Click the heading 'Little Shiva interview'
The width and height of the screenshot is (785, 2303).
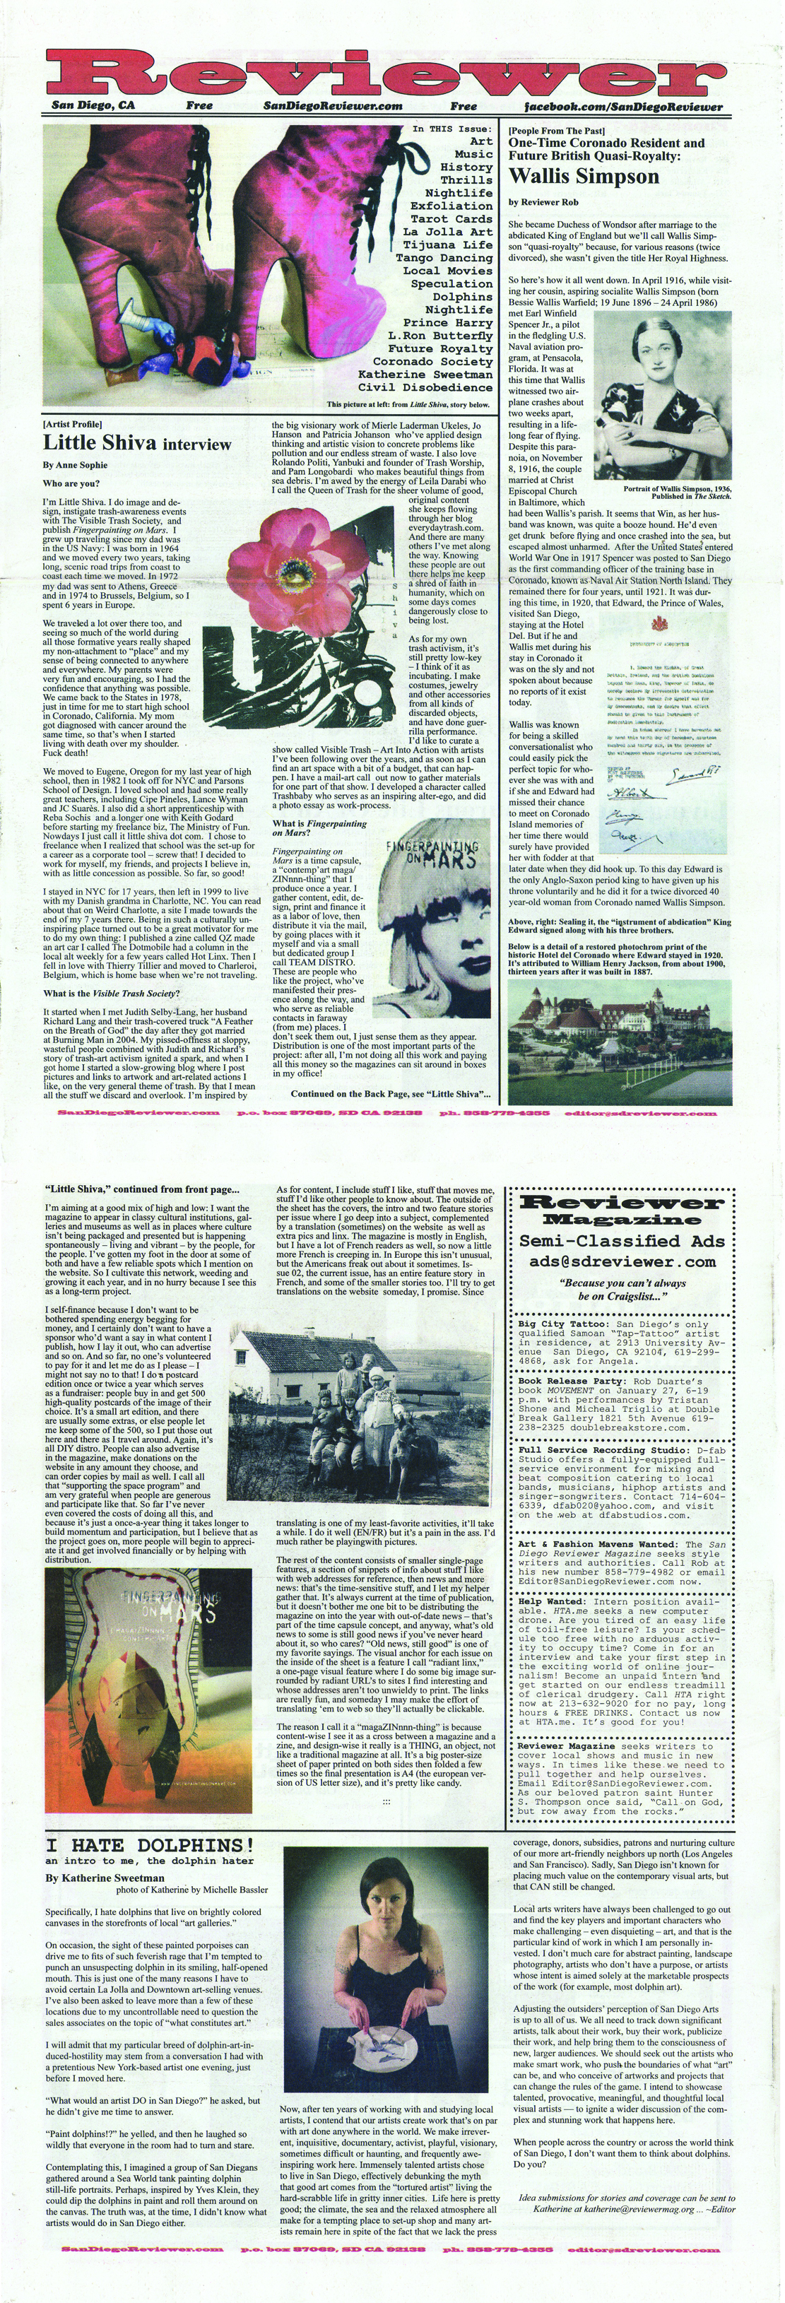click(137, 444)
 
